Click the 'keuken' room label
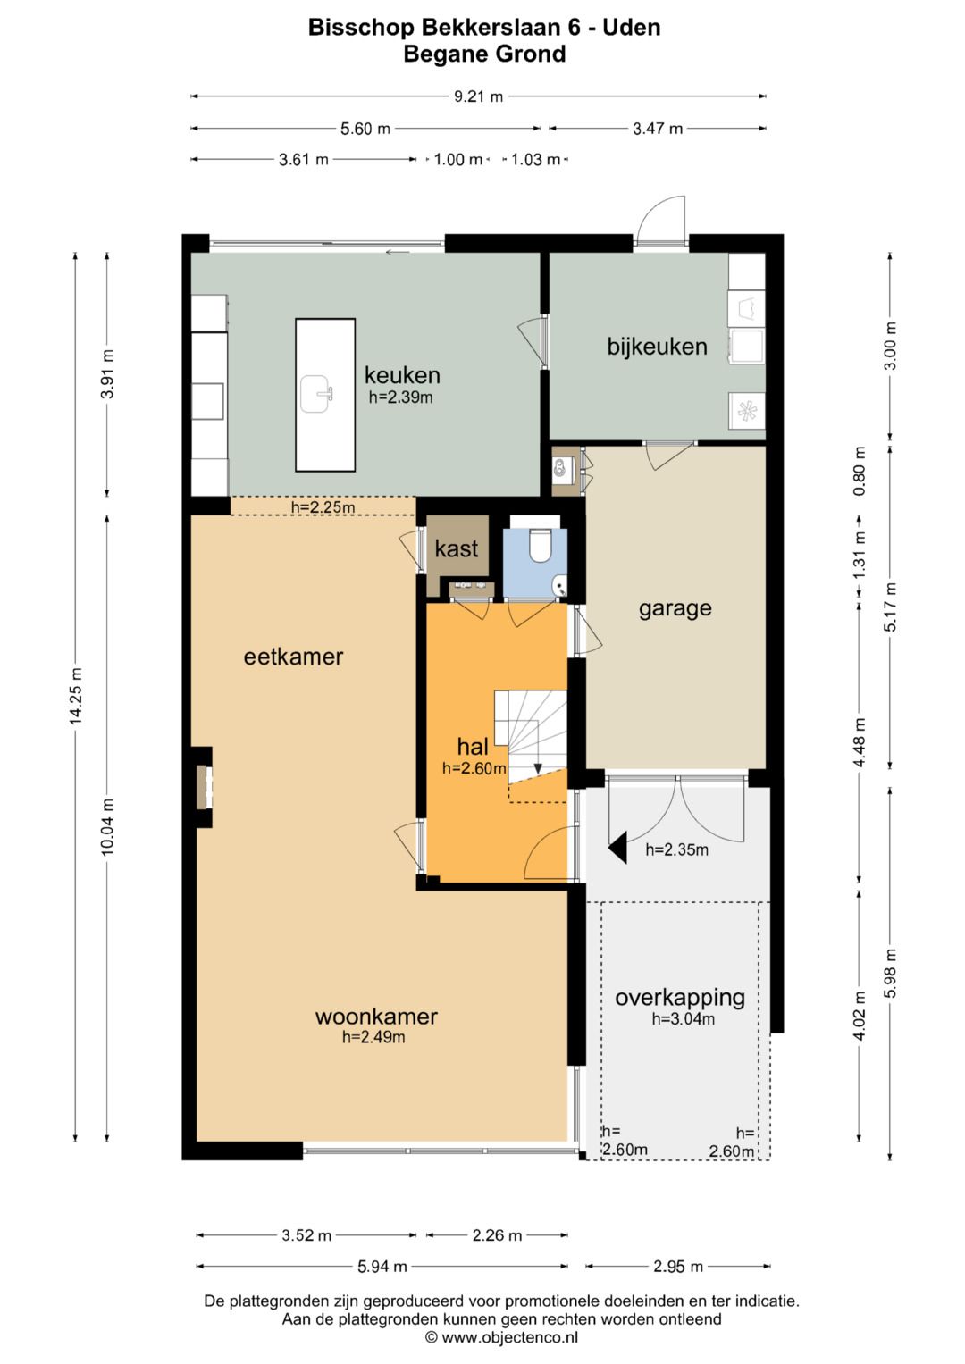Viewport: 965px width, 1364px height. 402,375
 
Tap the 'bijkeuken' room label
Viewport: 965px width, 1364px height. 657,347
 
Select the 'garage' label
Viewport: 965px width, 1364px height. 675,608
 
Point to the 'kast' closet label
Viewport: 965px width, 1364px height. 457,548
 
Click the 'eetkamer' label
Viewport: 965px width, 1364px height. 293,657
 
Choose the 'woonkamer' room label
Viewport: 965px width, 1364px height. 376,1017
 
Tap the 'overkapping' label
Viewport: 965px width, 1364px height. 679,998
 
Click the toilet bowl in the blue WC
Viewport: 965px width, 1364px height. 539,545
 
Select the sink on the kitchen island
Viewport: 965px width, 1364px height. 317,394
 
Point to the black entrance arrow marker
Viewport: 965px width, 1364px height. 617,848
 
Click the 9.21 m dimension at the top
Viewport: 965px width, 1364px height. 478,96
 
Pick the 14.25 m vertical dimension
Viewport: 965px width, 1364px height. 76,697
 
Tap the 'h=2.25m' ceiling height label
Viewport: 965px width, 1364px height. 323,507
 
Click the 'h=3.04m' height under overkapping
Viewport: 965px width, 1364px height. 683,1018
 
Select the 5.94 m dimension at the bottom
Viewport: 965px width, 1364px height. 382,1267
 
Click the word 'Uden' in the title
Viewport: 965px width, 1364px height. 632,28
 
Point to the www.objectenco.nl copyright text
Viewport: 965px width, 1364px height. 501,1337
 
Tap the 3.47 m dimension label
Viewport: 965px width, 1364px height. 658,129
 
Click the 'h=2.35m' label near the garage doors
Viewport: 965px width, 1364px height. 677,849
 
